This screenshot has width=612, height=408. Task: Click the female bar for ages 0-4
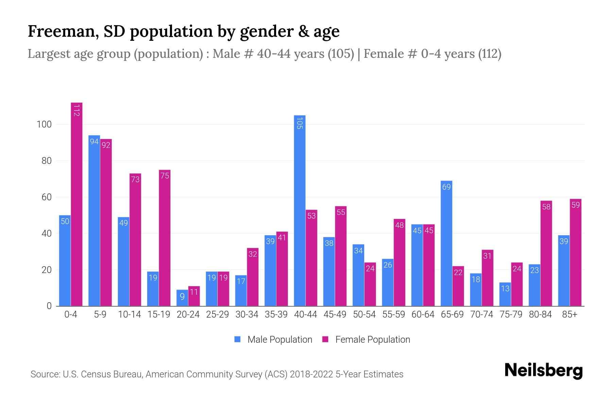click(x=76, y=204)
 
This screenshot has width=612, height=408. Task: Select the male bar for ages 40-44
click(x=300, y=211)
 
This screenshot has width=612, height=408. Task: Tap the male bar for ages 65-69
click(x=446, y=243)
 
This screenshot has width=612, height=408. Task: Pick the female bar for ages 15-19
click(x=165, y=238)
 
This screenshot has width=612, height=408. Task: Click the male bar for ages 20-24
click(x=182, y=298)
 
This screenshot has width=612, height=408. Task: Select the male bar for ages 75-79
click(x=505, y=294)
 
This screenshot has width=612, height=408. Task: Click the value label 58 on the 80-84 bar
click(x=546, y=207)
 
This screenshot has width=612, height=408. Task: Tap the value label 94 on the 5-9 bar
click(x=94, y=141)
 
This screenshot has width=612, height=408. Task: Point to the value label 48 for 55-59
click(x=400, y=225)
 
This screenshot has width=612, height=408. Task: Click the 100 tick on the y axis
click(x=44, y=124)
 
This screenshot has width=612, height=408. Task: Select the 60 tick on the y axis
click(x=47, y=197)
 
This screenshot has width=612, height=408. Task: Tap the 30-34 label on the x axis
click(x=247, y=314)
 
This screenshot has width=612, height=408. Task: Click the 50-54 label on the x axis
click(x=364, y=314)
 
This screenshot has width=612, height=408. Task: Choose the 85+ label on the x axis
click(x=569, y=314)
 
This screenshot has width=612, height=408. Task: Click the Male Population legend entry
click(x=274, y=339)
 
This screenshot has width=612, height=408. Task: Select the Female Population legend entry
click(x=367, y=339)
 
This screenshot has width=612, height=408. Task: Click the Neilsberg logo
click(x=543, y=371)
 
